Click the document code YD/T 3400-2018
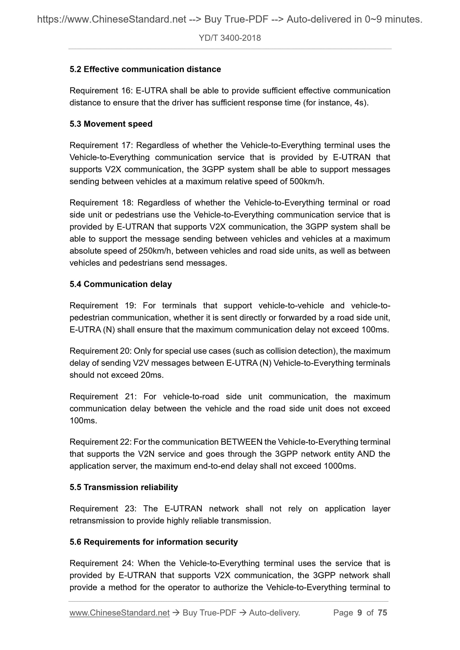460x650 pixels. click(230, 38)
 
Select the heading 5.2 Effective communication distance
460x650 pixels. click(145, 69)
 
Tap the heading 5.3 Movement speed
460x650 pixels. click(111, 124)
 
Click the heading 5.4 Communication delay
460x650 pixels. click(121, 284)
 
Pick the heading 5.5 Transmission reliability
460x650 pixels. click(124, 487)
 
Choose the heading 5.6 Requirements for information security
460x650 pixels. click(154, 542)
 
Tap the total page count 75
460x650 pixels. click(382, 613)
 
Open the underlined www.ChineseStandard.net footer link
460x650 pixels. click(119, 613)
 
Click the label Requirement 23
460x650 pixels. click(102, 509)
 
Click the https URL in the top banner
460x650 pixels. click(111, 19)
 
